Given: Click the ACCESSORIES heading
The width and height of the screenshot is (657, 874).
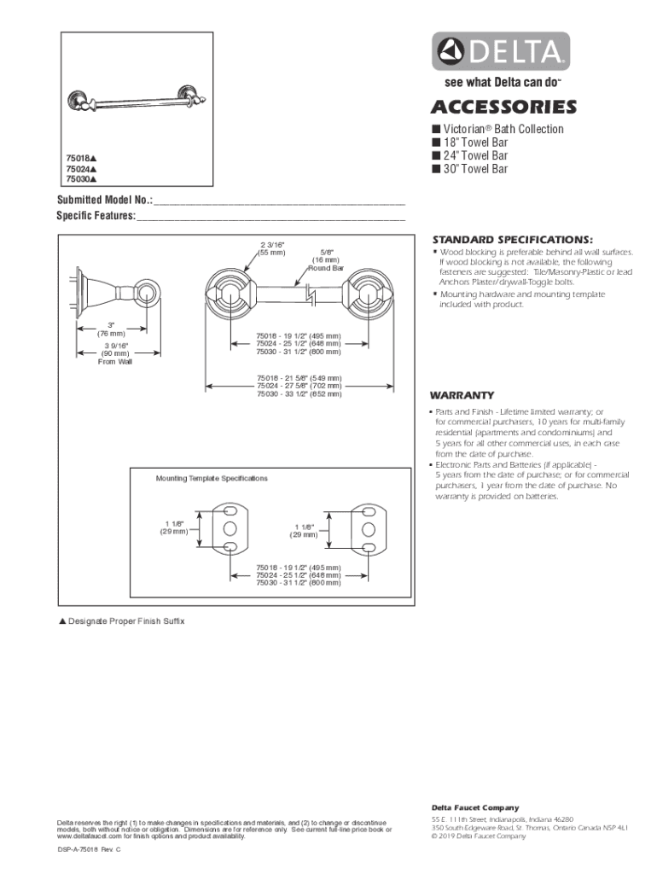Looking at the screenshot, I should tap(503, 108).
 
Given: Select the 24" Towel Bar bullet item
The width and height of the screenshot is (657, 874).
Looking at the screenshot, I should tap(474, 156).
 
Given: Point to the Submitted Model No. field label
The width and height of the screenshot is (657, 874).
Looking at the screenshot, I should tap(105, 201).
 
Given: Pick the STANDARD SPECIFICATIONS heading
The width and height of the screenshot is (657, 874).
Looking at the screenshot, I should tap(512, 239).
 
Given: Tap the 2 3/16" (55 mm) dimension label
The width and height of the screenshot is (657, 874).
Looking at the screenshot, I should tap(272, 249).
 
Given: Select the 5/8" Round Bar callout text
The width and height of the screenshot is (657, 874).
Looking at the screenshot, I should tap(325, 259).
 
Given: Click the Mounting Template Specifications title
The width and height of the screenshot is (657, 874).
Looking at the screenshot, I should tap(212, 479).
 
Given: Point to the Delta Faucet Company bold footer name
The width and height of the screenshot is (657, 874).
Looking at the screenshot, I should tap(474, 807).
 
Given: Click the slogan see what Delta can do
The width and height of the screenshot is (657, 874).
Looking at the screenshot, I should tap(501, 84).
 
